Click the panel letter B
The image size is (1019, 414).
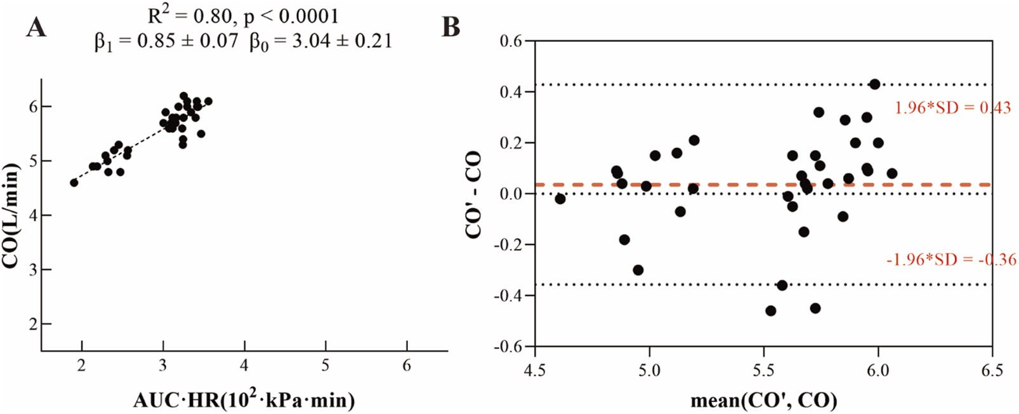[450, 27]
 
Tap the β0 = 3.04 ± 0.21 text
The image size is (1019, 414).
[320, 42]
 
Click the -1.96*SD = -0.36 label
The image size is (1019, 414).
[951, 259]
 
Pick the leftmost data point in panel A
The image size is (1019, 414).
[74, 183]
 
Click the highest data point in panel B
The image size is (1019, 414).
[874, 84]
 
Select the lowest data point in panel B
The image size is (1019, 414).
[771, 310]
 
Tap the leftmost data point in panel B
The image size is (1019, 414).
[560, 199]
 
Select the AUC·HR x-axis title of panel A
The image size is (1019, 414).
[244, 400]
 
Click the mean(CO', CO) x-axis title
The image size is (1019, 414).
[763, 400]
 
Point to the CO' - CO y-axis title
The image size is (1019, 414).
[473, 194]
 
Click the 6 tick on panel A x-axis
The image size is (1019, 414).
[407, 366]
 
